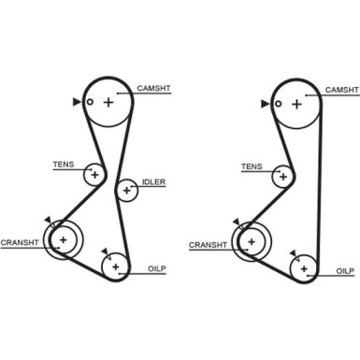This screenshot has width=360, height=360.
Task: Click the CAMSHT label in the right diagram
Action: tap(340, 90)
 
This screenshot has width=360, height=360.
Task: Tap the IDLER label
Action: tap(153, 183)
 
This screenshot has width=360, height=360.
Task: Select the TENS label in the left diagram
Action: tap(63, 166)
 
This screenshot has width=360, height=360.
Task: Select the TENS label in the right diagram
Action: tap(252, 166)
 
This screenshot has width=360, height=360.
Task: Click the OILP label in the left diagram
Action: tap(156, 269)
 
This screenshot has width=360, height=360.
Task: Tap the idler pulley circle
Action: tap(125, 191)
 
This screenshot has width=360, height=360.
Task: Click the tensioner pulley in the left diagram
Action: tap(94, 175)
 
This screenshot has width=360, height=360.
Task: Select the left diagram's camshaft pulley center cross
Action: tap(108, 102)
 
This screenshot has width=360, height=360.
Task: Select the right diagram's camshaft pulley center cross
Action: tap(296, 104)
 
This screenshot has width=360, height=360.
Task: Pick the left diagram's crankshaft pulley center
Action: tap(63, 240)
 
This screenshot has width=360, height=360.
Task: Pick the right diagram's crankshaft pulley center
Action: tap(251, 242)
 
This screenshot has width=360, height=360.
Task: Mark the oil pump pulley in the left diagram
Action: tap(116, 268)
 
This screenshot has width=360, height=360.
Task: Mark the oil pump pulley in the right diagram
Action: tap(305, 269)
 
